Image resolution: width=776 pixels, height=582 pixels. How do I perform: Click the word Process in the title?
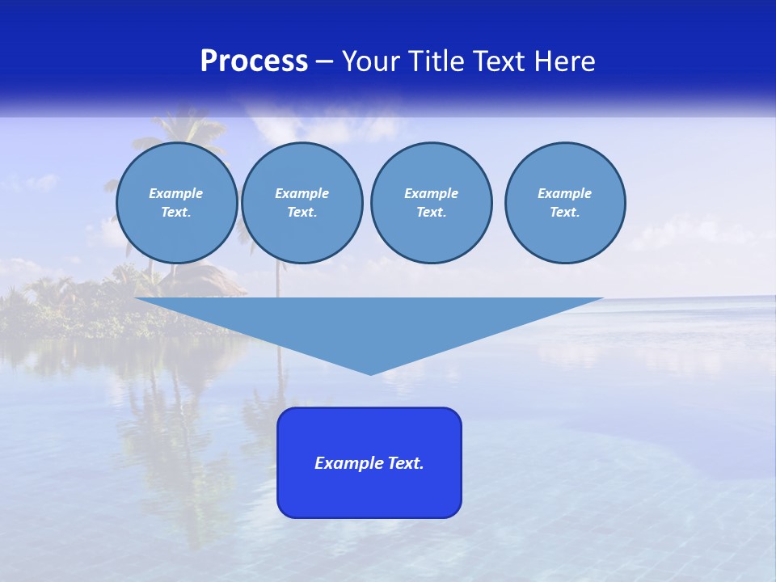pos(254,61)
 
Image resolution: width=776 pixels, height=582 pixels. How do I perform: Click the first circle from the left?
pos(176,203)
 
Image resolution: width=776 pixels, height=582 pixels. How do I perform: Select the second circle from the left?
pos(302,203)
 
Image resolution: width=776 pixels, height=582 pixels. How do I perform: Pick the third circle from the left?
pos(431,203)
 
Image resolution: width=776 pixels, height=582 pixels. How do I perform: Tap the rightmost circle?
pos(564,203)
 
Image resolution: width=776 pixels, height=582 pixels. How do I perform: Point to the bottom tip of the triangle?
pos(370,373)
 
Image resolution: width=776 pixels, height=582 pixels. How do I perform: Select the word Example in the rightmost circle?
pos(564,193)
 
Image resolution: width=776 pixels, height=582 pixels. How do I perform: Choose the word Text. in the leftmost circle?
pos(176,213)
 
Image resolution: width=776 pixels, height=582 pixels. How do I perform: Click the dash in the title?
pos(324,61)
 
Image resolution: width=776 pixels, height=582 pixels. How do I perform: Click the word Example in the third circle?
pos(431,193)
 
